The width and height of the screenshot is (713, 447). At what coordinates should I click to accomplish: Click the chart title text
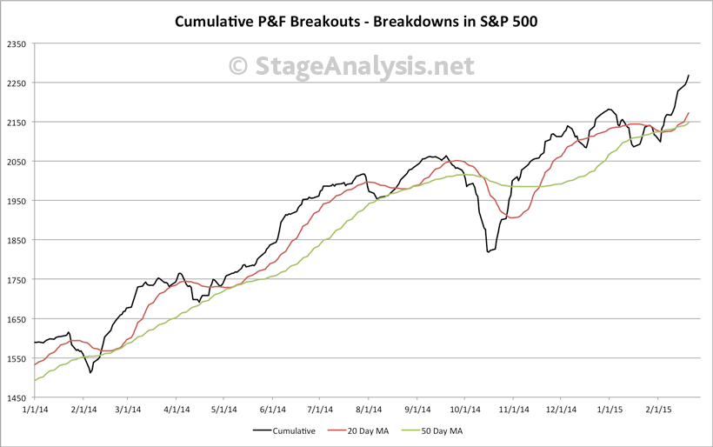click(356, 20)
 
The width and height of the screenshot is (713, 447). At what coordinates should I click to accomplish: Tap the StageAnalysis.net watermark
click(351, 65)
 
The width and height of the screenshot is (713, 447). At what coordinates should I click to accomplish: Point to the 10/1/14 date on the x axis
click(465, 409)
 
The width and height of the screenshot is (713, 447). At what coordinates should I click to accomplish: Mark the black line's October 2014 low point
click(489, 252)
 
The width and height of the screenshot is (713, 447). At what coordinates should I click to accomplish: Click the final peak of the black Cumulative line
click(689, 76)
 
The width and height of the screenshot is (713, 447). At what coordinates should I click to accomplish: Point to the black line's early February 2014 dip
click(90, 373)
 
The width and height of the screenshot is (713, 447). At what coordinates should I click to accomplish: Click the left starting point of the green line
click(34, 381)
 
